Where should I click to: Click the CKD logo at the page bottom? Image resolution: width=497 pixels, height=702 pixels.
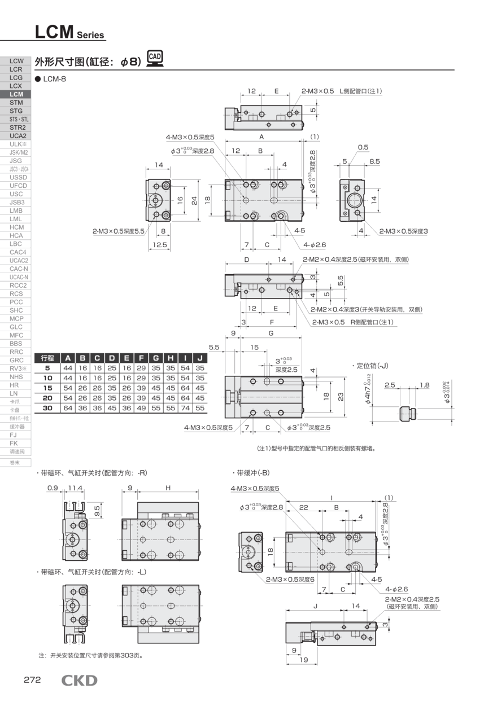pos(79,681)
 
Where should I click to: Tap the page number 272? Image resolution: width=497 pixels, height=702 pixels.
pos(32,680)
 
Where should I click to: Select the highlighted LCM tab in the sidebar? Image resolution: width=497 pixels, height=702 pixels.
pos(16,94)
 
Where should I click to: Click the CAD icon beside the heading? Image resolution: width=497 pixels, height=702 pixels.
pos(155,58)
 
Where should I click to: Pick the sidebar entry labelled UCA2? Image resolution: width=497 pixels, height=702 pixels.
pos(16,135)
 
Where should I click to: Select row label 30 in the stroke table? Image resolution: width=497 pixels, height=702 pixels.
pos(47,407)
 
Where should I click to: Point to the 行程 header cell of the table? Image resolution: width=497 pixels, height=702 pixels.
pos(47,358)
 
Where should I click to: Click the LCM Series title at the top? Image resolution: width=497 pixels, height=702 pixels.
pos(69,32)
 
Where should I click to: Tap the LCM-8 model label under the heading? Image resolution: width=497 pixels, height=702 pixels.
pos(54,79)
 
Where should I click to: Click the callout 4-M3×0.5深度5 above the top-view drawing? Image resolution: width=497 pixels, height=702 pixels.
pos(190,137)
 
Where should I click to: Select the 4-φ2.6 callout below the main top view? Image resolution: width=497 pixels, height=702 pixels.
pos(315,245)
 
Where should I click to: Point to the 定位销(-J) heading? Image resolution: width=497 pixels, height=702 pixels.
pos(370,366)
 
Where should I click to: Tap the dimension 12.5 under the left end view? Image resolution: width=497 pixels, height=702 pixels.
pos(161,245)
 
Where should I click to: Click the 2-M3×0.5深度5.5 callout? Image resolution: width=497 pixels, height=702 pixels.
pos(119,231)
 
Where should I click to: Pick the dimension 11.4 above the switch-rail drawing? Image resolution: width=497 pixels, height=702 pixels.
pos(75,488)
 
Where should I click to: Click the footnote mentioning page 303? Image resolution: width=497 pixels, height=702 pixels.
pos(90,656)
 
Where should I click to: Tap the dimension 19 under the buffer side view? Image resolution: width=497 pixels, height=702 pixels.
pos(303,660)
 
